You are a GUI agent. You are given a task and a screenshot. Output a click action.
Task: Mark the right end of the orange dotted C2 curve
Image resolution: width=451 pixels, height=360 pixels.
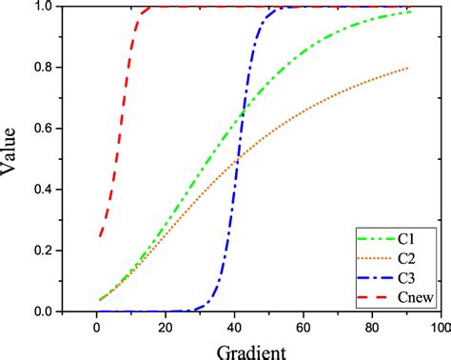coord(409,68)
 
